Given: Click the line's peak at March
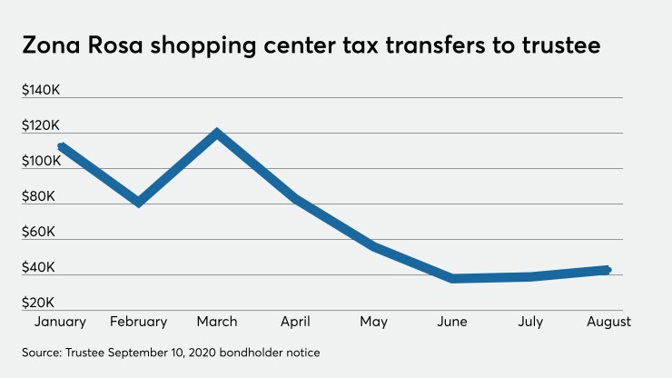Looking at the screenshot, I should (216, 134).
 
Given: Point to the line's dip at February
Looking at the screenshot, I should (138, 202).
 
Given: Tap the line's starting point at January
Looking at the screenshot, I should (61, 146).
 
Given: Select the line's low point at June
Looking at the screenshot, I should (452, 278).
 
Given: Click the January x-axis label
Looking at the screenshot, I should (59, 322).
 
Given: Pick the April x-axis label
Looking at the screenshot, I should (294, 322).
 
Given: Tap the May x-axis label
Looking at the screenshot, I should (373, 322).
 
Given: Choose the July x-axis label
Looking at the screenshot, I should (529, 322).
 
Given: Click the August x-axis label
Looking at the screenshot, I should (608, 322).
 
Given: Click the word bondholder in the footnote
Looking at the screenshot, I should (269, 352).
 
